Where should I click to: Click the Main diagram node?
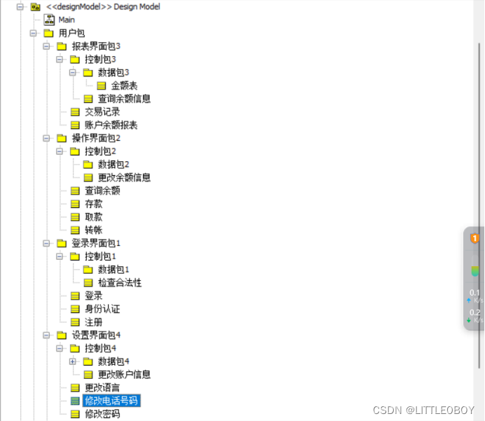point(67,20)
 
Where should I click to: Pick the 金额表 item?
point(124,85)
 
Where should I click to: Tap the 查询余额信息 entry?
point(124,99)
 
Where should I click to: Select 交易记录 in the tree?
point(102,112)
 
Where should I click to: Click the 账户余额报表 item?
point(111,125)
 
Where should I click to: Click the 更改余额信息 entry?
point(124,177)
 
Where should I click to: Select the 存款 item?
point(93,204)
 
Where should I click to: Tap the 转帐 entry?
point(93,230)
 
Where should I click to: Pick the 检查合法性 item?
point(120,282)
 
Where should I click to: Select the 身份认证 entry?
point(102,309)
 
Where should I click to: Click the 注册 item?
point(93,322)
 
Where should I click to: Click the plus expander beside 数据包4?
point(73,361)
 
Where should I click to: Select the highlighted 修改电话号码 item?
point(111,401)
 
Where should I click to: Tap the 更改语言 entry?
point(102,387)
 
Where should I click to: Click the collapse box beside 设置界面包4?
point(46,335)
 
